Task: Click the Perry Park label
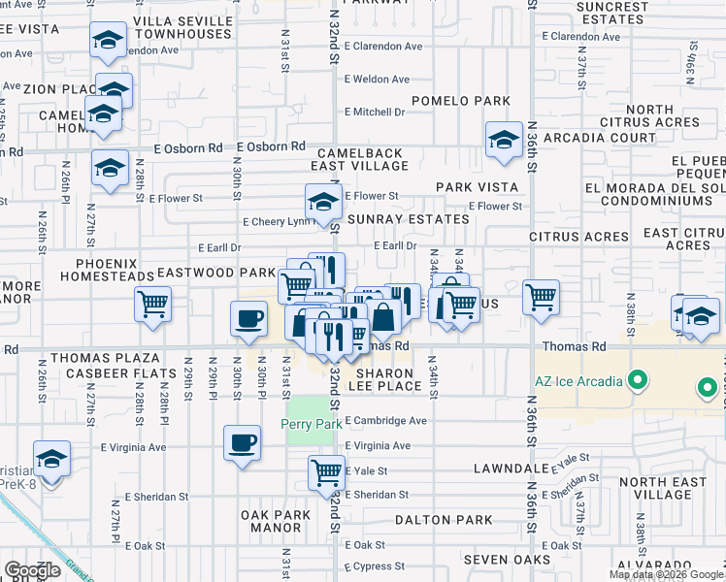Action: [311, 424]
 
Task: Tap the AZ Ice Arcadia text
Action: [577, 380]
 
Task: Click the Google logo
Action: [33, 570]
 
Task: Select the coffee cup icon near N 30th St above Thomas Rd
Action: [248, 319]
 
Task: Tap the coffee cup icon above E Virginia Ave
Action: [242, 443]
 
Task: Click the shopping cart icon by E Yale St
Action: [327, 473]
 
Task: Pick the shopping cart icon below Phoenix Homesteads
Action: [153, 304]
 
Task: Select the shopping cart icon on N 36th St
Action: [542, 297]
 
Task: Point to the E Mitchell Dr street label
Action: [375, 113]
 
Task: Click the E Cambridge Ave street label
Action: [386, 421]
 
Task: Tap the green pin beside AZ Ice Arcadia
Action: [638, 379]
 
